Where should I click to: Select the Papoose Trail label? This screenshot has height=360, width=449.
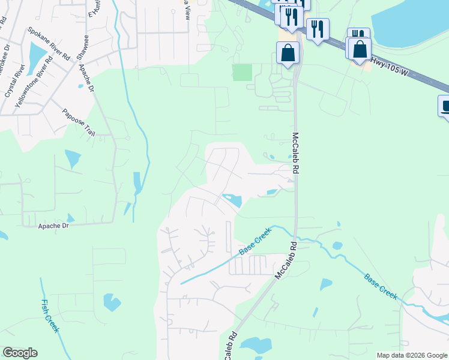(78, 122)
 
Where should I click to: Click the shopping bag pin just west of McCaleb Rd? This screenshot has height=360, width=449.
(288, 53)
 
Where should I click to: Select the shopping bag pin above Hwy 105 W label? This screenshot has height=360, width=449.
(360, 49)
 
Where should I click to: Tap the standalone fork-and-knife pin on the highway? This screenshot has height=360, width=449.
(318, 29)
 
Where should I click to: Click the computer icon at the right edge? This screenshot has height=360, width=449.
(445, 106)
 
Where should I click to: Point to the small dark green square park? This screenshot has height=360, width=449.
(243, 72)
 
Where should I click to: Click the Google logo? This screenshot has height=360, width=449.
(20, 353)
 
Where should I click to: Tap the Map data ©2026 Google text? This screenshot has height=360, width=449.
(411, 355)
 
